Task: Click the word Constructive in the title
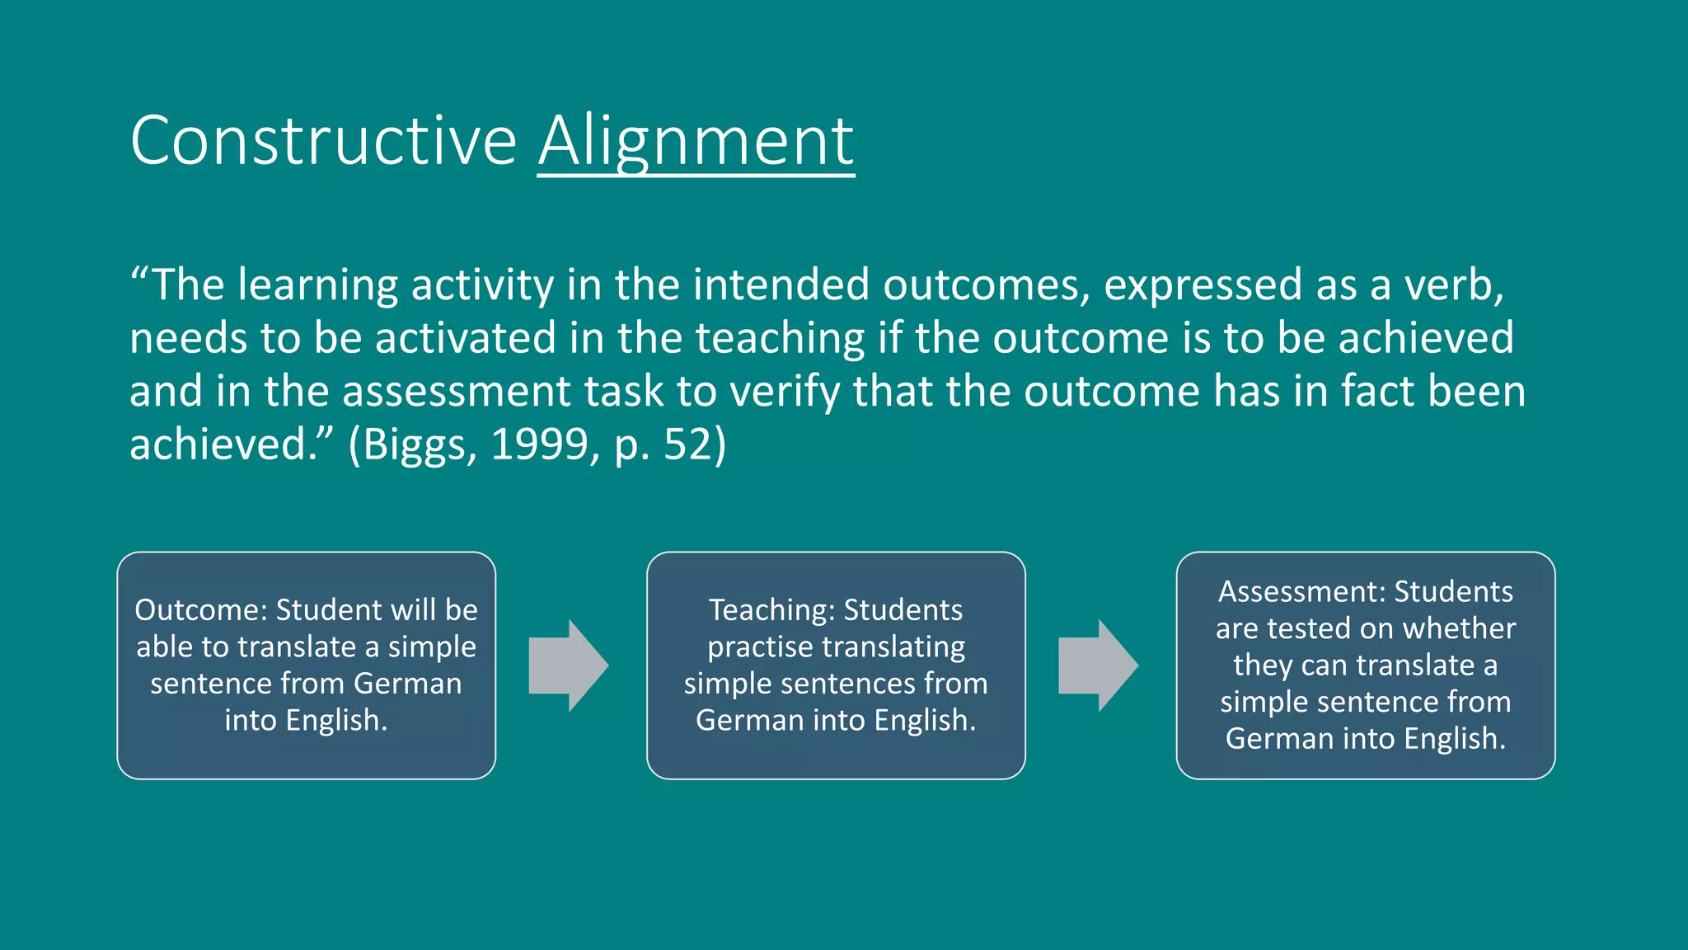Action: pyautogui.click(x=323, y=141)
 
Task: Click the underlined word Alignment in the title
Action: pyautogui.click(x=696, y=141)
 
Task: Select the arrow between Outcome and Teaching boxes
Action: pyautogui.click(x=569, y=665)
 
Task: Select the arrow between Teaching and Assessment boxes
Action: pyautogui.click(x=1098, y=665)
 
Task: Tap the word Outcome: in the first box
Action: pyautogui.click(x=201, y=610)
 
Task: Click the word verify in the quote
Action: pyautogui.click(x=785, y=392)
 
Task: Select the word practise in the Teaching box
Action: pyautogui.click(x=759, y=647)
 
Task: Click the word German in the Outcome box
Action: pyautogui.click(x=407, y=684)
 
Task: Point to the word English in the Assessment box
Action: pyautogui.click(x=1453, y=739)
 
